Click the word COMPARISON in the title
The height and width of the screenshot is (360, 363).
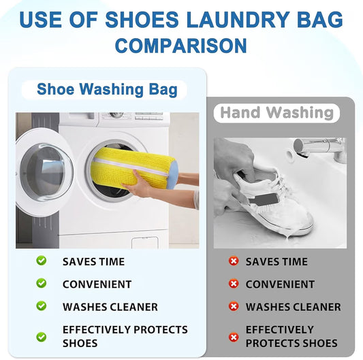point(180,46)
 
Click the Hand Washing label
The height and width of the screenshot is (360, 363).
point(277,112)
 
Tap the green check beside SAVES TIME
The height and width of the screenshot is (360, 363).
point(42,261)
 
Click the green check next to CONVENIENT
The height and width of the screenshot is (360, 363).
point(42,283)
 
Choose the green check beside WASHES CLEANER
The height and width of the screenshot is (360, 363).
point(42,306)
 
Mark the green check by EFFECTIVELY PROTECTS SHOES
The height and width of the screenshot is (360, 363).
point(42,336)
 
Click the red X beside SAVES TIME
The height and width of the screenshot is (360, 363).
point(234,261)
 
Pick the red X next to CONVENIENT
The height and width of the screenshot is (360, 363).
point(234,284)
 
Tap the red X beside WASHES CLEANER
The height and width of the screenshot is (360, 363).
point(234,307)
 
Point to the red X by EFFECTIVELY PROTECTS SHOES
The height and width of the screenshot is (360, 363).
point(234,336)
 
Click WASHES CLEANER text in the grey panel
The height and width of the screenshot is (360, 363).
point(293,307)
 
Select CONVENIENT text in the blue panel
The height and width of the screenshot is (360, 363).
point(97,284)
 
